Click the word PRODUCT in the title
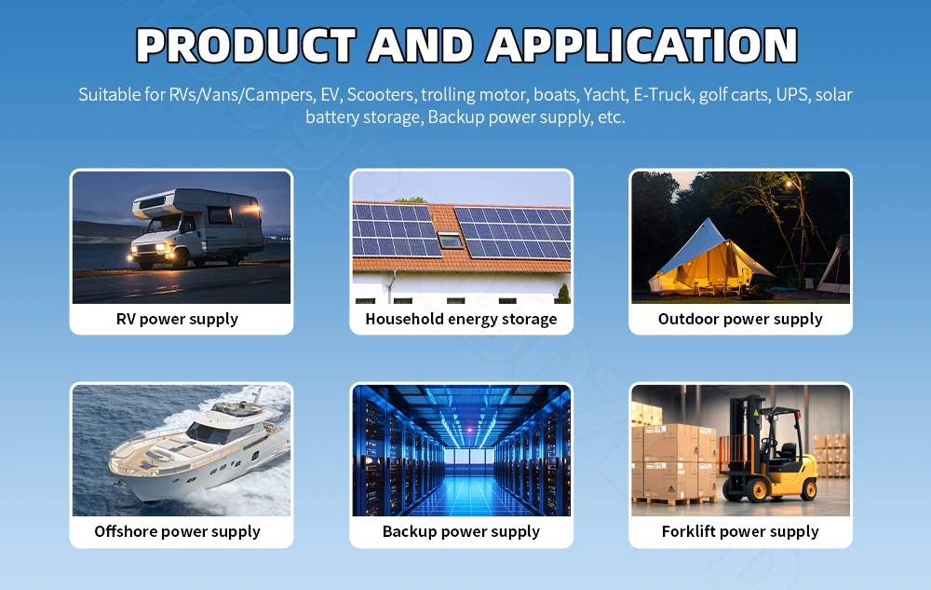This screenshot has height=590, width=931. (246, 46)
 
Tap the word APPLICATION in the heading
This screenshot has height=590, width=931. (641, 46)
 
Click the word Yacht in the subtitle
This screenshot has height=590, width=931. (605, 95)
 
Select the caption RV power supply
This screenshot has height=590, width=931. (177, 320)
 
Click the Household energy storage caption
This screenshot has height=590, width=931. (462, 320)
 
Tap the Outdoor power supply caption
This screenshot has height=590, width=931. (740, 320)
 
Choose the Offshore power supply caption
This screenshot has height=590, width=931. (177, 532)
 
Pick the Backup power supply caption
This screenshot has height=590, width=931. (462, 532)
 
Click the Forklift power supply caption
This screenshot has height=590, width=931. (740, 532)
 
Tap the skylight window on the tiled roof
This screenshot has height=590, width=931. (450, 240)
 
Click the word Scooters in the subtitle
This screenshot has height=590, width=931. (380, 95)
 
